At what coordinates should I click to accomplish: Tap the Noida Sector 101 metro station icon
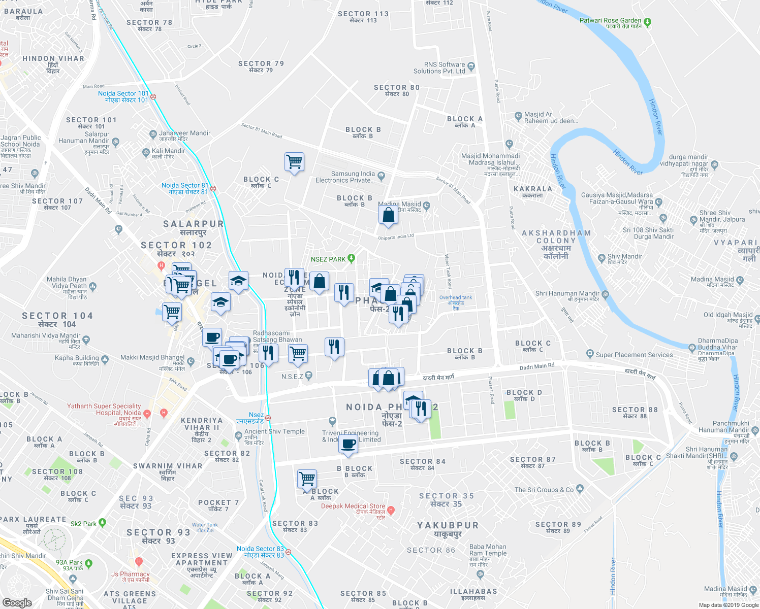pos(153,96)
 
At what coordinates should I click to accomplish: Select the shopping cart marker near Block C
pos(295,162)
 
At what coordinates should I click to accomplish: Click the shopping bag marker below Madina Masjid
pos(388,215)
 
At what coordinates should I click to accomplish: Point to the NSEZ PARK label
pos(328,259)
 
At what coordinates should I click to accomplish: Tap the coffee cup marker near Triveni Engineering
pos(349,444)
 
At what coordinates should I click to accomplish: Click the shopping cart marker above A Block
pos(307,479)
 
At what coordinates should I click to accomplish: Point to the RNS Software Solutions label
pos(439,68)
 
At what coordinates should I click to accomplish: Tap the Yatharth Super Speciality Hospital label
pos(104,410)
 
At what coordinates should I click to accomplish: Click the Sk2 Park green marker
pos(103,522)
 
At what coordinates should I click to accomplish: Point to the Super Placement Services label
pos(634,355)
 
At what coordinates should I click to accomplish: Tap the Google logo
pos(17,603)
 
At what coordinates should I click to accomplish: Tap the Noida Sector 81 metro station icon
pos(213,188)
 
